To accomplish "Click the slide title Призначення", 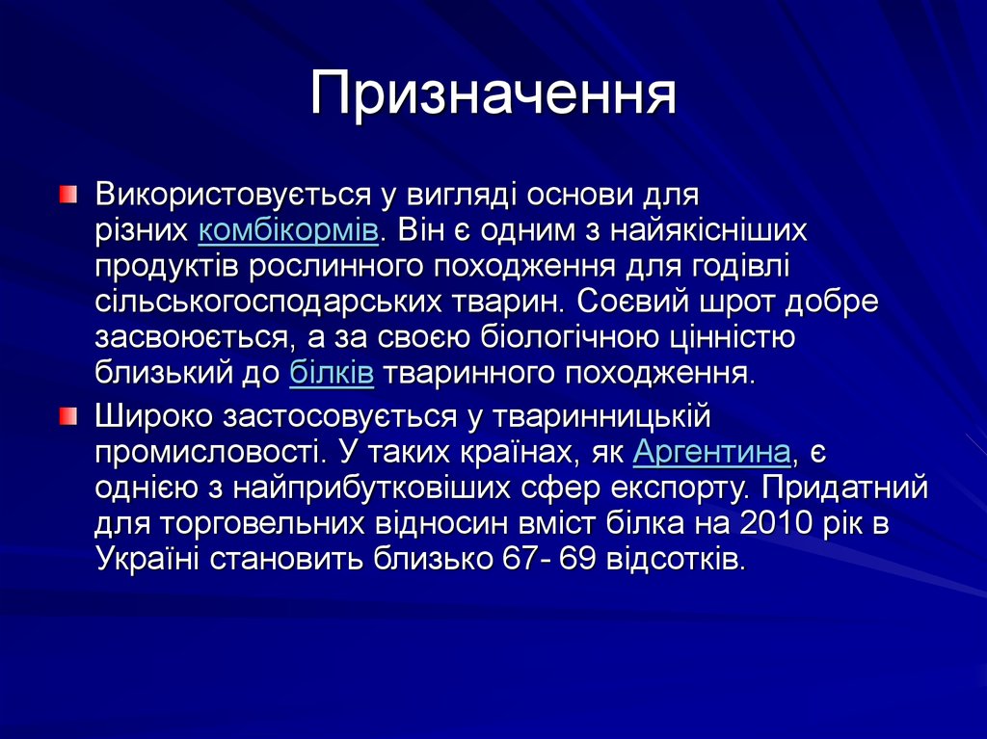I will pos(493,96).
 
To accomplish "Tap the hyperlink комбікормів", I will pos(287,231).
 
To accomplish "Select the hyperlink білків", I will pos(331,373).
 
